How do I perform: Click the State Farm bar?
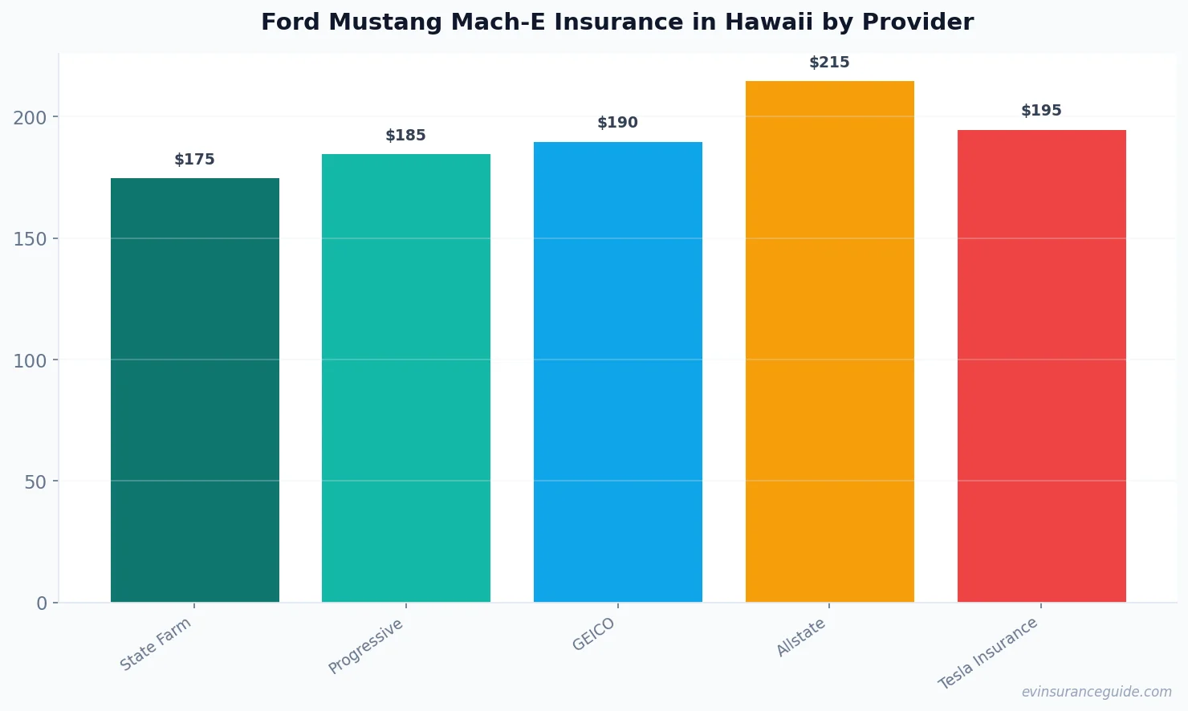pyautogui.click(x=194, y=390)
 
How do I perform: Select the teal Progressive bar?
pyautogui.click(x=405, y=378)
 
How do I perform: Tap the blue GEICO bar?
pyautogui.click(x=617, y=372)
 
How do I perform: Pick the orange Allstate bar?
pyautogui.click(x=829, y=341)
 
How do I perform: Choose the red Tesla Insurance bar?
pyautogui.click(x=1041, y=366)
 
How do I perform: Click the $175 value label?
pyautogui.click(x=194, y=160)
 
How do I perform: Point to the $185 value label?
pyautogui.click(x=405, y=136)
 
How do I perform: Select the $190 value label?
pyautogui.click(x=617, y=123)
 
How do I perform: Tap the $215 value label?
pyautogui.click(x=829, y=63)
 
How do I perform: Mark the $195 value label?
pyautogui.click(x=1041, y=111)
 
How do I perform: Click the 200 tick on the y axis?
pyautogui.click(x=30, y=118)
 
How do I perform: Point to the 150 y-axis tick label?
pyautogui.click(x=30, y=239)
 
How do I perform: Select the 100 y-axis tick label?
pyautogui.click(x=30, y=361)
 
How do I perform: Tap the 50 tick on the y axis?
pyautogui.click(x=35, y=482)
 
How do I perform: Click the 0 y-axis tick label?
pyautogui.click(x=42, y=603)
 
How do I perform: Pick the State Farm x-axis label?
pyautogui.click(x=156, y=644)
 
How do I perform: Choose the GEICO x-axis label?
pyautogui.click(x=594, y=635)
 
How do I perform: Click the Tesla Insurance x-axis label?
pyautogui.click(x=988, y=654)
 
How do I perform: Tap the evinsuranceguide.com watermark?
pyautogui.click(x=1096, y=692)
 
